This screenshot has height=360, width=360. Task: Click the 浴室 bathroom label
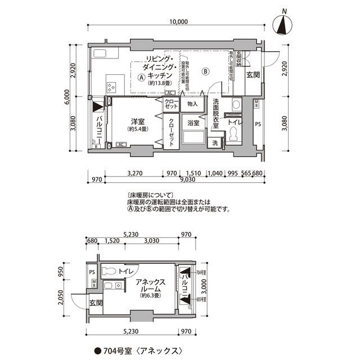pos(193,123)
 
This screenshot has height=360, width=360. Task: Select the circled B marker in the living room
pos(206,71)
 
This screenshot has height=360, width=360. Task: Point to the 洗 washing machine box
pos(215,143)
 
